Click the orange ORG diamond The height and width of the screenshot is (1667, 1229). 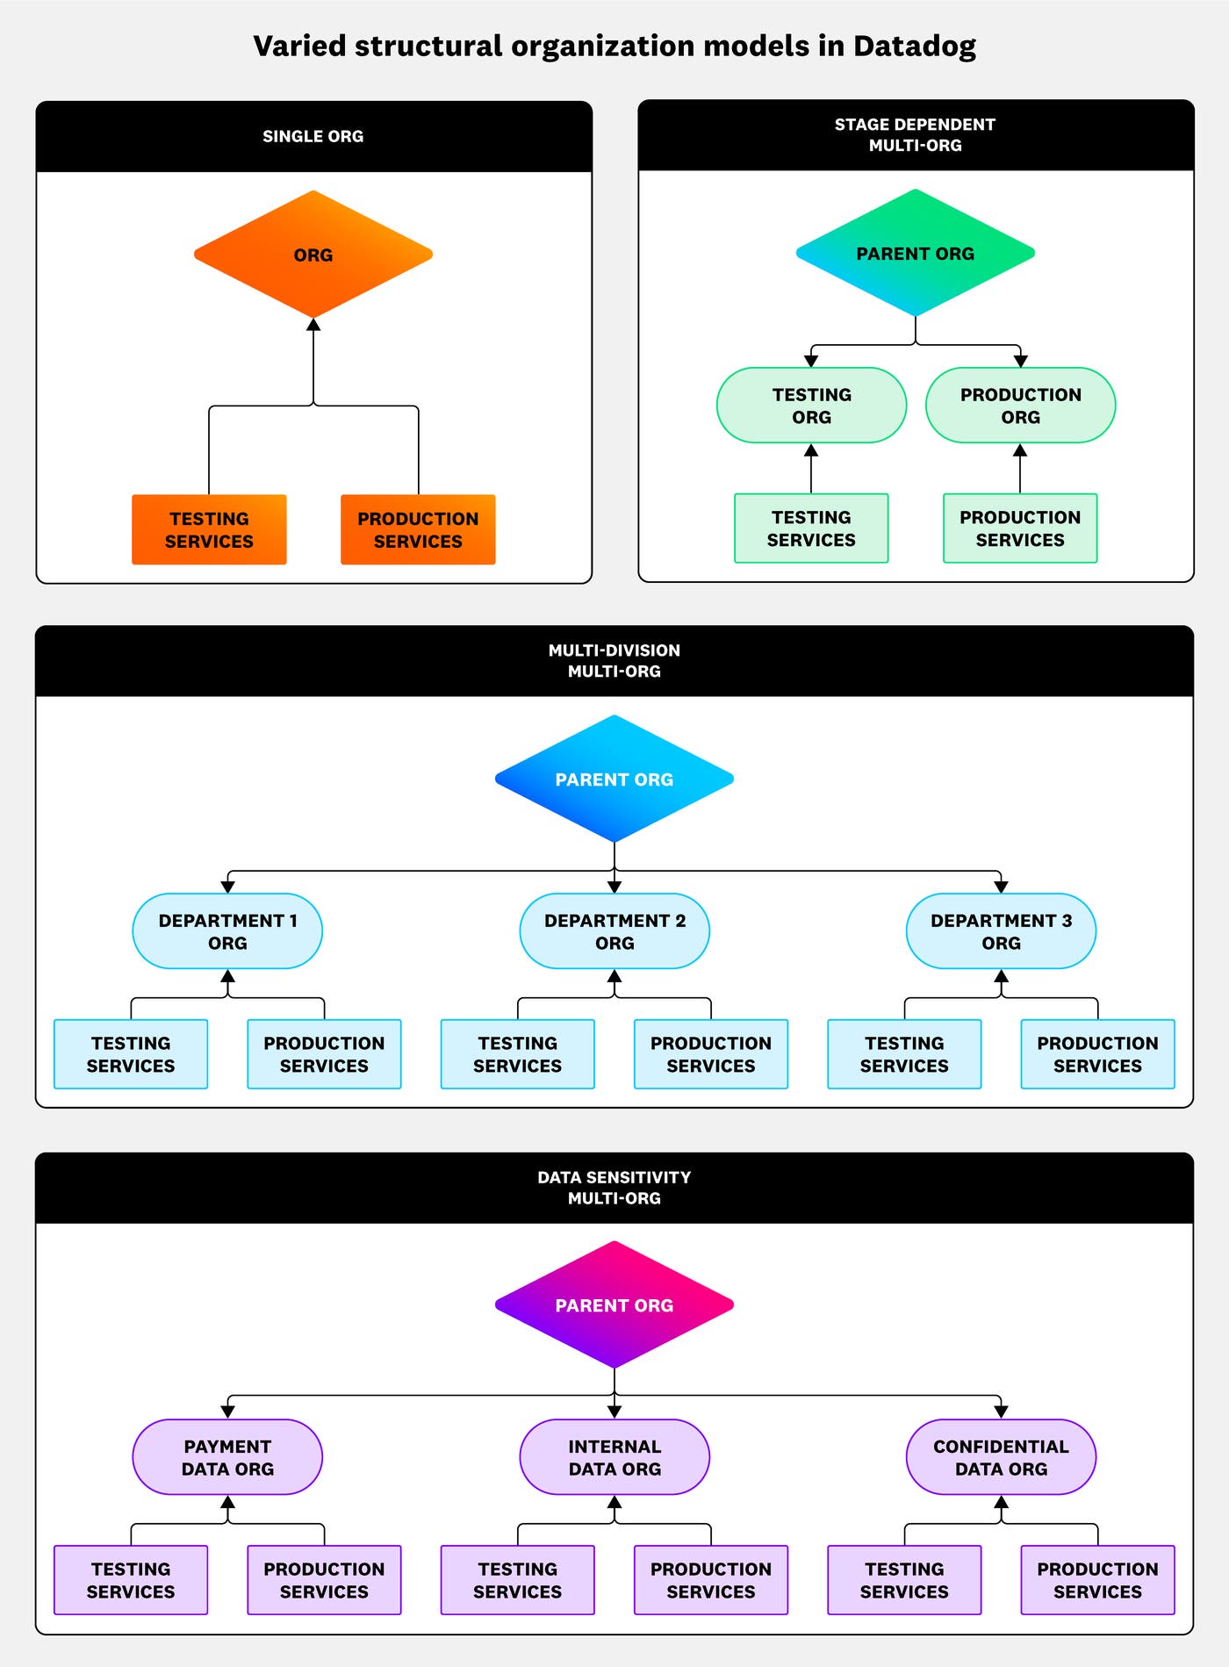point(313,255)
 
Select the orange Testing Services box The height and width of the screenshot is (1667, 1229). point(209,529)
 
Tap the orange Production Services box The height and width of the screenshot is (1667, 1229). point(418,529)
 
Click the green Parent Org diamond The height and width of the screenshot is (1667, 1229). point(915,253)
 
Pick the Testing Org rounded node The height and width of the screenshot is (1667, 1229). point(811,406)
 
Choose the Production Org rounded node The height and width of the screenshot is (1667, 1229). point(1020,406)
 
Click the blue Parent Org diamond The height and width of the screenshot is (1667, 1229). point(614,779)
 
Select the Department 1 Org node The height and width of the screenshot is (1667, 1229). point(227,931)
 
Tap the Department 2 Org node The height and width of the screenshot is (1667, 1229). point(614,931)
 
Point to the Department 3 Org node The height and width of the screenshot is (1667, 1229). point(1001,931)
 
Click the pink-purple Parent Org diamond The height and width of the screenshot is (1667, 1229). point(614,1304)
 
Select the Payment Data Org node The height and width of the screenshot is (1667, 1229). point(227,1457)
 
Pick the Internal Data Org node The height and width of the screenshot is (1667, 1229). point(614,1457)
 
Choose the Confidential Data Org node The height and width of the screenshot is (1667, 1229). point(1001,1457)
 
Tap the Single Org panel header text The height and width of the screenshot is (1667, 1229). point(313,136)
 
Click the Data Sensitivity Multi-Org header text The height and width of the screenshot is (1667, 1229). point(614,1187)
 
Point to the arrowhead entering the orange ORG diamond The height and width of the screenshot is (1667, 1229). point(313,325)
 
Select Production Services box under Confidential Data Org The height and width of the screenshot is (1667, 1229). point(1097,1580)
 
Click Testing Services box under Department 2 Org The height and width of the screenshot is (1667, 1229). point(517,1054)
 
